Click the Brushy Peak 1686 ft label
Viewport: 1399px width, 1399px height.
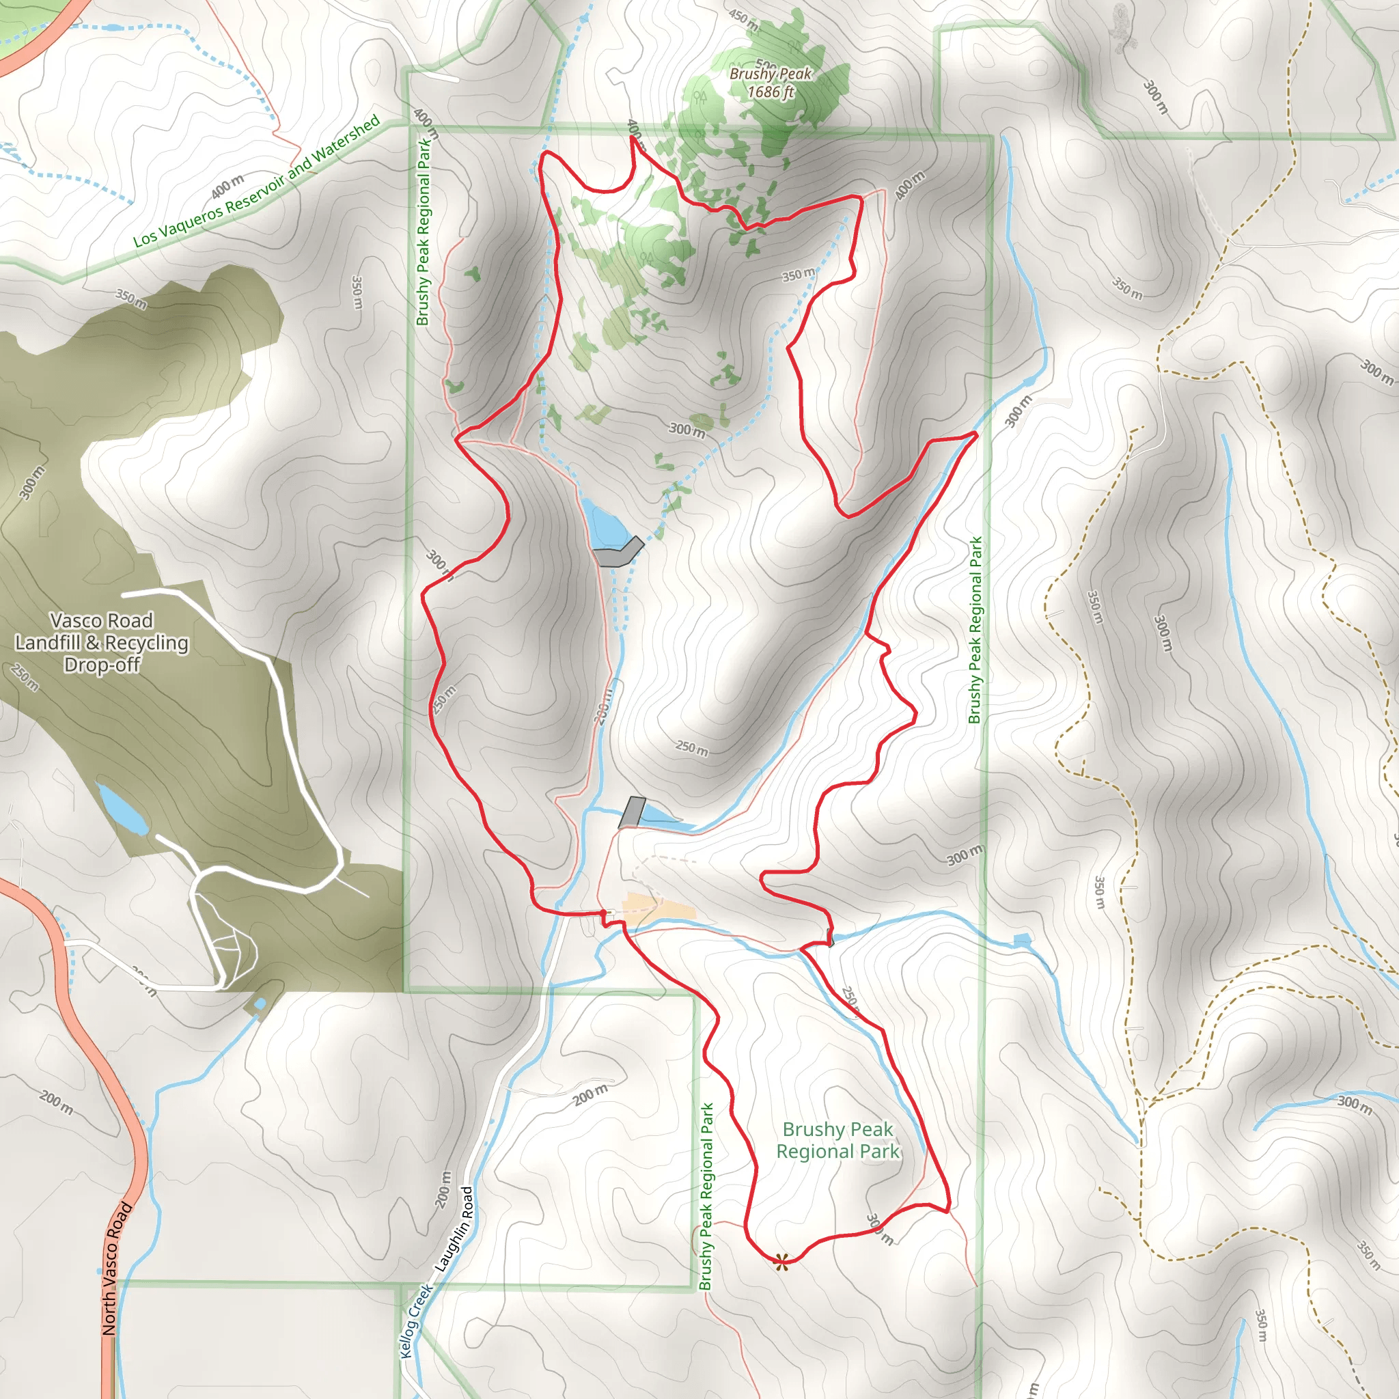pos(771,83)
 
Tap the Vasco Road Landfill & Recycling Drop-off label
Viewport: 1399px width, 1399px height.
pos(101,642)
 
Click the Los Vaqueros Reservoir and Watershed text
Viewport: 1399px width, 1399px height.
pos(257,182)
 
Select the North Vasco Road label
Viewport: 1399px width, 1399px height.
pos(117,1268)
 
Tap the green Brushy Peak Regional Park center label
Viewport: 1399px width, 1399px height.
pos(837,1141)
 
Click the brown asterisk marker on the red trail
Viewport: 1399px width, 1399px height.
pos(781,1263)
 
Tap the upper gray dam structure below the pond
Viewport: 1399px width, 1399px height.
pos(618,553)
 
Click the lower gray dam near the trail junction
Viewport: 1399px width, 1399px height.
pos(632,812)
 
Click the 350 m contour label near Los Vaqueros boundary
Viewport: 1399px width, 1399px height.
pos(131,299)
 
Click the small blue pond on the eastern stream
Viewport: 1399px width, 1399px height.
pos(1022,940)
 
